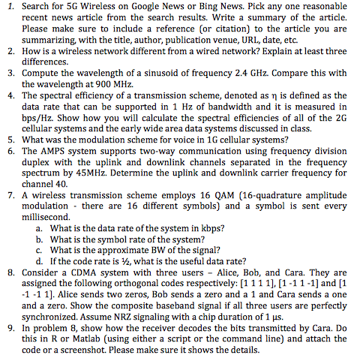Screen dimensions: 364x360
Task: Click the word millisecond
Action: click(x=48, y=217)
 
